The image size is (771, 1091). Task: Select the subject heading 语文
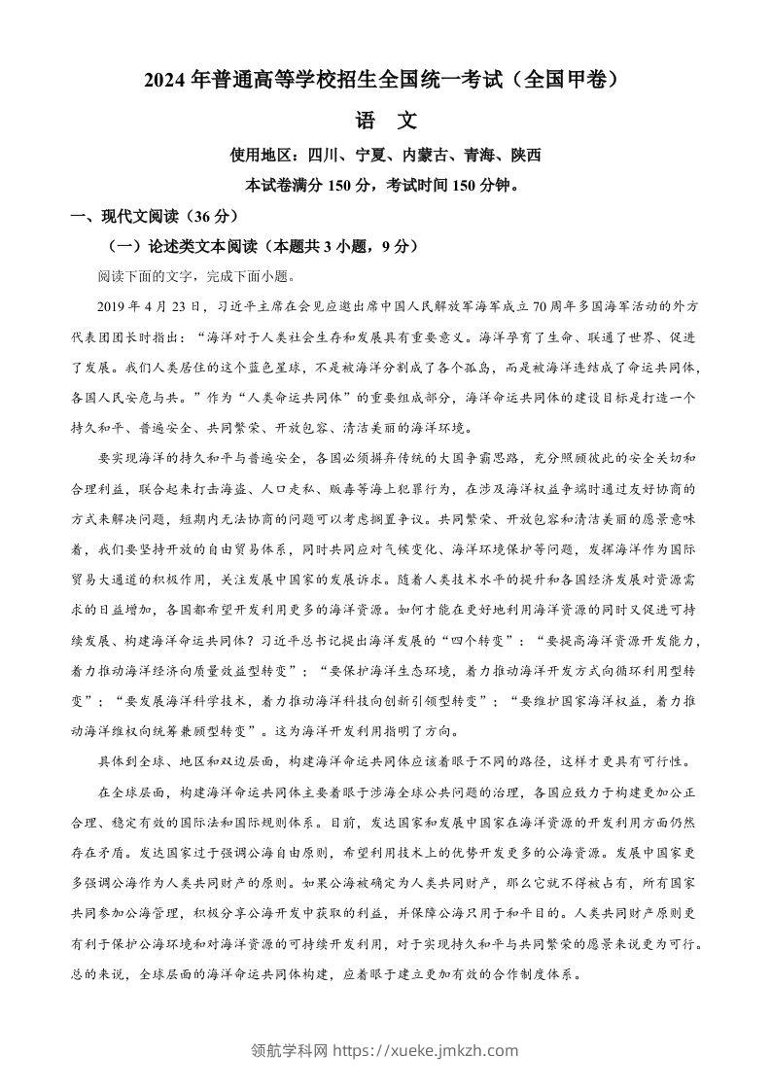pyautogui.click(x=385, y=121)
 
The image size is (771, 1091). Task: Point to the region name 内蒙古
pyautogui.click(x=424, y=155)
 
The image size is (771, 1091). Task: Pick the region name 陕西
pyautogui.click(x=523, y=155)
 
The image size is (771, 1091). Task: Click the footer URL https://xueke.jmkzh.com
pyautogui.click(x=426, y=1049)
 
